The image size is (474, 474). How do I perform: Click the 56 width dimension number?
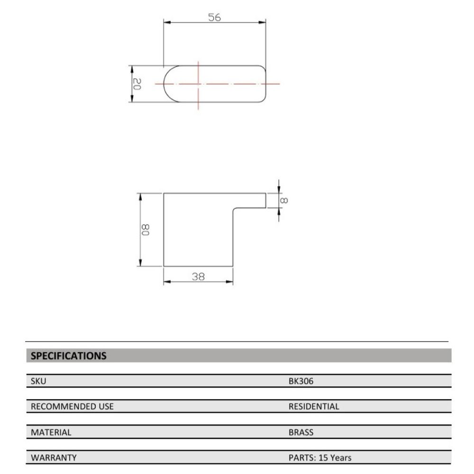(x=215, y=17)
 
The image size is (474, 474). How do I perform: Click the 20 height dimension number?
(x=137, y=84)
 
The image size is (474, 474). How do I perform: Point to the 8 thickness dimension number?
(x=285, y=200)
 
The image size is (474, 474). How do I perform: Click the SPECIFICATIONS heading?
(x=68, y=355)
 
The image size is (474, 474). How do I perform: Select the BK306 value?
(x=301, y=381)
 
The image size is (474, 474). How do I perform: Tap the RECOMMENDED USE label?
(x=72, y=407)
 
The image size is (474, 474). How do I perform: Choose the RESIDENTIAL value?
(x=314, y=407)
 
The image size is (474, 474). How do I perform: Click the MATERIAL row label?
(x=51, y=432)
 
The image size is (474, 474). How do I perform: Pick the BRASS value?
(x=301, y=432)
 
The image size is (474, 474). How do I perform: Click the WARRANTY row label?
(x=54, y=458)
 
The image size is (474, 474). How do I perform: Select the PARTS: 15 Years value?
(x=320, y=458)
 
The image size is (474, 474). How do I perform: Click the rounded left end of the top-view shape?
(x=167, y=84)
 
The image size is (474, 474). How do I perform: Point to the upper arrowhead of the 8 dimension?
(x=279, y=189)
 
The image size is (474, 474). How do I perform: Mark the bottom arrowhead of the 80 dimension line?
(x=141, y=263)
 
